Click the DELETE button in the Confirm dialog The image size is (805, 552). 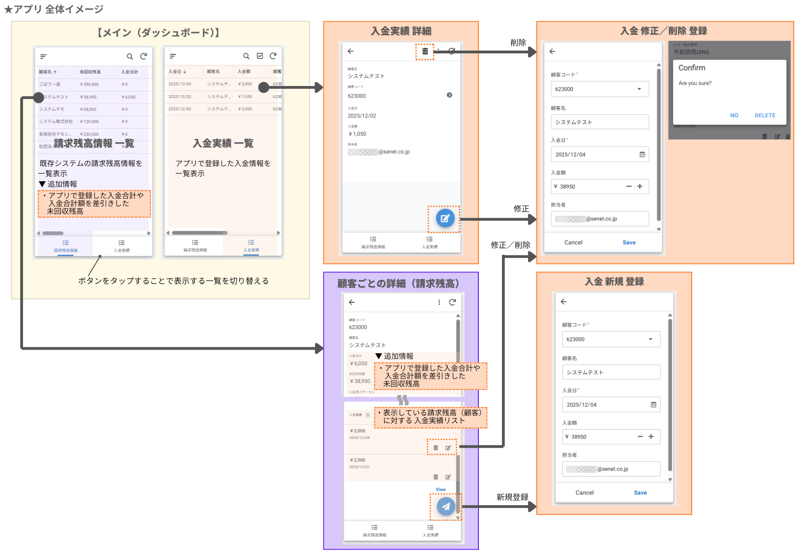pos(765,115)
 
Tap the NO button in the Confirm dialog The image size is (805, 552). pos(734,115)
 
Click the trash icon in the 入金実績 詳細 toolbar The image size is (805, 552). pos(425,52)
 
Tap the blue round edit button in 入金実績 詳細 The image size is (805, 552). pos(445,218)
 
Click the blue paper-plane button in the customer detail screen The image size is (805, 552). pos(446,506)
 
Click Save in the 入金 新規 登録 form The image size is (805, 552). pos(640,493)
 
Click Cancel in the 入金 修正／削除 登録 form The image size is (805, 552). pos(573,242)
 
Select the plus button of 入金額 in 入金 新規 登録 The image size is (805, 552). pos(651,437)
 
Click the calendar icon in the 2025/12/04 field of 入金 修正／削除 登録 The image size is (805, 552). pos(642,155)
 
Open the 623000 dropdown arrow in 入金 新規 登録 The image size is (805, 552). pos(650,339)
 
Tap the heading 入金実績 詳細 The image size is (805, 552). pos(401,31)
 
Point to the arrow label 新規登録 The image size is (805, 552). pos(512,497)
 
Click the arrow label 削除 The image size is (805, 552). pos(518,43)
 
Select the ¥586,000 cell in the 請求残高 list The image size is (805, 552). pos(89,84)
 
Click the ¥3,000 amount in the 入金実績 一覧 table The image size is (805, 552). pos(245,84)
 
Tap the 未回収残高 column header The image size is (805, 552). pos(90,72)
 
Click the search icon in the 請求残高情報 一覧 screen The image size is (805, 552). pos(130,57)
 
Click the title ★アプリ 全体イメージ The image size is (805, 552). pos(54,9)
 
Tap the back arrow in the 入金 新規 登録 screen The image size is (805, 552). pos(563,302)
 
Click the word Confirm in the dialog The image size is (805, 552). pos(691,68)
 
